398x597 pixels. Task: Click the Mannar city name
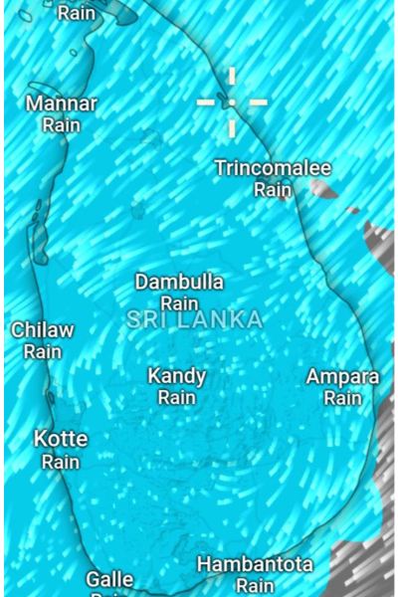tap(62, 103)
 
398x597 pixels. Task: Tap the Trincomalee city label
tap(273, 167)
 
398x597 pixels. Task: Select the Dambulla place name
tap(179, 282)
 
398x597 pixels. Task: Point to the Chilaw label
tap(43, 329)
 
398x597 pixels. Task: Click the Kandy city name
tap(177, 376)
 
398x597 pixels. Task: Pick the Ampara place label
tap(342, 377)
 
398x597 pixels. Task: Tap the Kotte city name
tap(61, 439)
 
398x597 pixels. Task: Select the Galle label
tap(109, 579)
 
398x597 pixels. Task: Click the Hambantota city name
tap(255, 565)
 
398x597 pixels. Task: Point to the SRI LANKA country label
tap(195, 319)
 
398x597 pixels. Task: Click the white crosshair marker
tap(232, 101)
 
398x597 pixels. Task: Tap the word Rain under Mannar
tap(62, 125)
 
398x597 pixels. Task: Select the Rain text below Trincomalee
tap(273, 189)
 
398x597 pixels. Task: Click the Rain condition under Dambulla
tap(179, 303)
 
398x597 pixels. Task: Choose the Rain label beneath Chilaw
tap(43, 351)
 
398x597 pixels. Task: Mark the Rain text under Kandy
tap(177, 397)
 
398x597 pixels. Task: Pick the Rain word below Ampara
tap(342, 398)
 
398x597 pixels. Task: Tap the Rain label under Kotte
tap(61, 462)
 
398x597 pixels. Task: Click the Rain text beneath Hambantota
tap(255, 586)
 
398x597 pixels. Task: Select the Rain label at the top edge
tap(77, 13)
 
